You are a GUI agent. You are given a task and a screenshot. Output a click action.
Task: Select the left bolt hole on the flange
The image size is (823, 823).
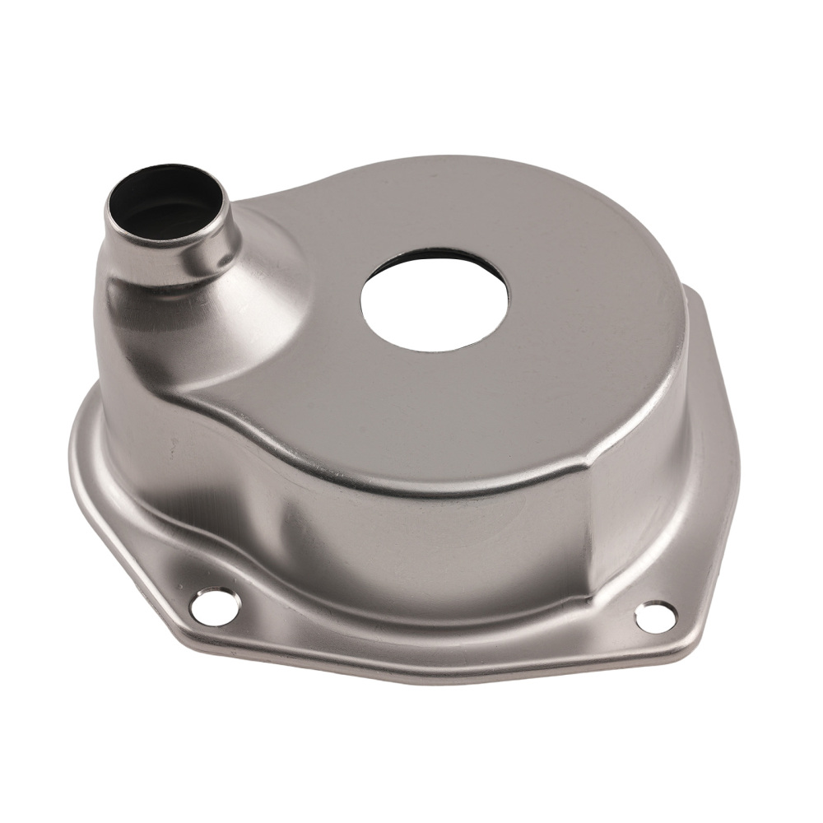[x=215, y=607]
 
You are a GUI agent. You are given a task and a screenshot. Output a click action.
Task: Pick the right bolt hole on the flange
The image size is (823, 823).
[x=656, y=616]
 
